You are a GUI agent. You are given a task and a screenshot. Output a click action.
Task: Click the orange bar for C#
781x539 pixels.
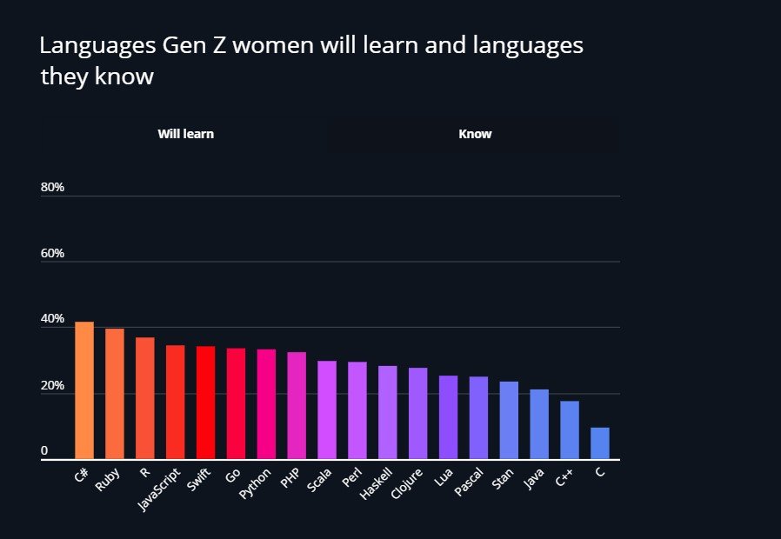click(84, 390)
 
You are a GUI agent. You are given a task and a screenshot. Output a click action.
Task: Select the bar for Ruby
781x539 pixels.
click(115, 394)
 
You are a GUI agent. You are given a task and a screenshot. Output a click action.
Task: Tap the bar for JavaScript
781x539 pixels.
click(176, 402)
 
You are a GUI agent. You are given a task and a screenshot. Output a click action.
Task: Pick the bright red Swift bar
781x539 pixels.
click(205, 403)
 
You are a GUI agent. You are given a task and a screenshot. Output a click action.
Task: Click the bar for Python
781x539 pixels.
click(266, 404)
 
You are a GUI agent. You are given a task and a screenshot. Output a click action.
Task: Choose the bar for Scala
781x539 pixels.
click(327, 409)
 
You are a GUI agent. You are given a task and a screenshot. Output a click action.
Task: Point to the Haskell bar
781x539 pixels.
click(387, 412)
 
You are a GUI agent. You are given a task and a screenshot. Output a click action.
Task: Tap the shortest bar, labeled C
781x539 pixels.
click(600, 443)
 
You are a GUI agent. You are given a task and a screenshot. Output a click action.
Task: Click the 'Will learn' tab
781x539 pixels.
click(185, 134)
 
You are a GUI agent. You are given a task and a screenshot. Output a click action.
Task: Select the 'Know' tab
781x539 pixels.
click(475, 134)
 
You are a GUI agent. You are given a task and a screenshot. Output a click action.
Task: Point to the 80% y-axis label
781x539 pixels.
click(52, 188)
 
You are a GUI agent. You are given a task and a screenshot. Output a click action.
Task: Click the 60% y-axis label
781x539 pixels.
click(52, 254)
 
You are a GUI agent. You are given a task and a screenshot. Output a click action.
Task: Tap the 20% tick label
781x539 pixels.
click(52, 386)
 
